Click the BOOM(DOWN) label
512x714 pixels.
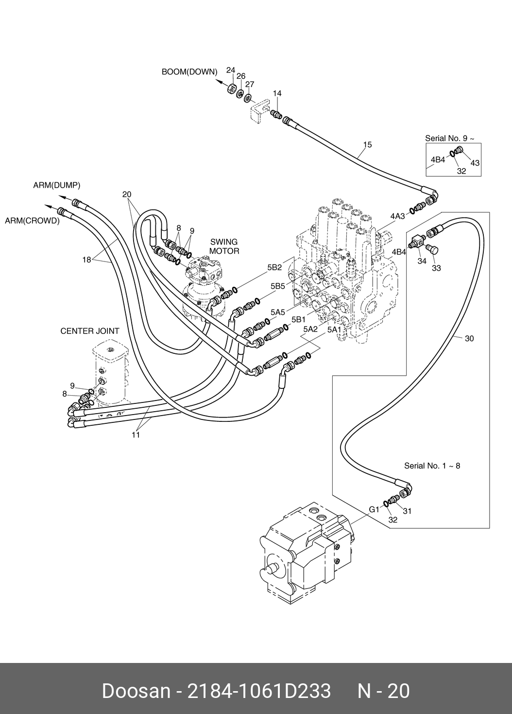tap(189, 72)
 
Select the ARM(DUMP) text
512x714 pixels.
tap(56, 185)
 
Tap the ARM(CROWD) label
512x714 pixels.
tap(32, 221)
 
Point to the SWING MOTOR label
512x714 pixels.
tap(224, 246)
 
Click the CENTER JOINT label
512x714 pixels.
tap(90, 331)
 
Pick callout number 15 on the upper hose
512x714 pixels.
tap(367, 144)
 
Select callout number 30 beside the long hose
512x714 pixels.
tap(469, 338)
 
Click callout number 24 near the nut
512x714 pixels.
tap(231, 70)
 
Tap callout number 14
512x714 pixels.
tap(277, 93)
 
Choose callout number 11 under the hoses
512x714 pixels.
tap(136, 435)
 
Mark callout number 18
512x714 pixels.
tap(86, 260)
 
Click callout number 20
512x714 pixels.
tap(127, 194)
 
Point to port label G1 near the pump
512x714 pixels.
tap(374, 509)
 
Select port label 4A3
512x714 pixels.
tap(397, 216)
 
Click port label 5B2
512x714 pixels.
tap(274, 267)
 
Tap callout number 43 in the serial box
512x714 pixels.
tap(475, 163)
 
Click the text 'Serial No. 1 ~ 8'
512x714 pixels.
tap(432, 466)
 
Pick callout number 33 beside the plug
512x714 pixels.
tap(436, 268)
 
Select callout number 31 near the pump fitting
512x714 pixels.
tap(407, 511)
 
